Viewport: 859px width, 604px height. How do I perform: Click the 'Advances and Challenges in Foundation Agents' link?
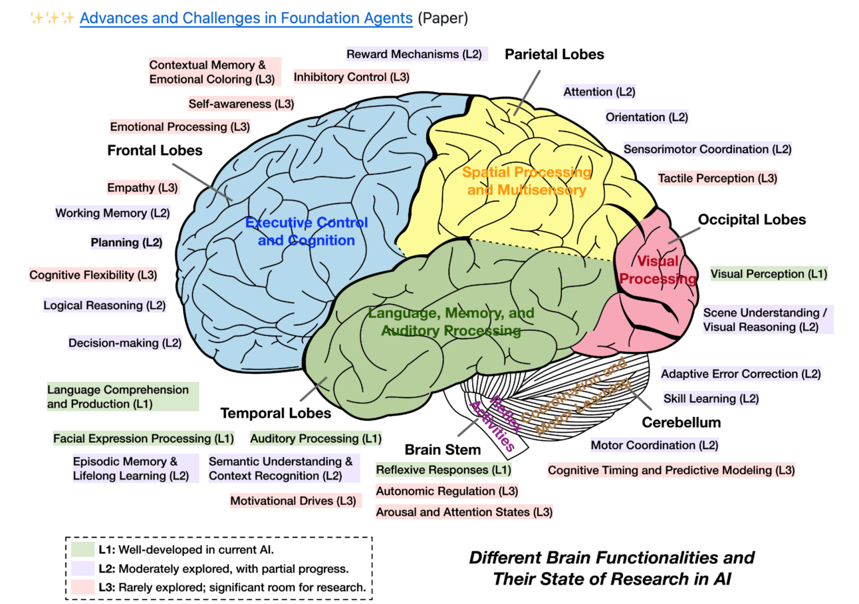click(246, 18)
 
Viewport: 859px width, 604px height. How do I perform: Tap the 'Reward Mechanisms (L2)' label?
click(417, 54)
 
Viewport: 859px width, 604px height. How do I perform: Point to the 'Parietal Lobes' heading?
click(554, 54)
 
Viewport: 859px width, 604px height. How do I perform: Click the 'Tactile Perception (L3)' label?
click(717, 178)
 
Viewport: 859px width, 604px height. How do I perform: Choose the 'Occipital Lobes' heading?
click(752, 219)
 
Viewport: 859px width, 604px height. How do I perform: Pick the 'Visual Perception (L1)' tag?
click(769, 273)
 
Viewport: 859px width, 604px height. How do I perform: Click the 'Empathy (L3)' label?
click(143, 188)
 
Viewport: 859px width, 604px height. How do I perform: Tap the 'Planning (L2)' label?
click(126, 242)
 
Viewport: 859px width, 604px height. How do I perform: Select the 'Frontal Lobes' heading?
click(155, 150)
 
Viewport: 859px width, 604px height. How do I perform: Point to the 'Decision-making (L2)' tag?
click(124, 343)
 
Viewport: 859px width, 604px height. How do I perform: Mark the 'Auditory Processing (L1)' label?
click(316, 438)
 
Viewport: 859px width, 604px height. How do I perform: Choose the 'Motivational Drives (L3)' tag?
click(293, 500)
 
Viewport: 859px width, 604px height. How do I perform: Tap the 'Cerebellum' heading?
click(681, 422)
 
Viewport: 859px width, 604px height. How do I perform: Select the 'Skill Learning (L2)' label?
click(711, 398)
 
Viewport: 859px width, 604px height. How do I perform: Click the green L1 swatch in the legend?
click(80, 549)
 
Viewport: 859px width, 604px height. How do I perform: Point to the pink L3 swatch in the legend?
click(80, 587)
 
